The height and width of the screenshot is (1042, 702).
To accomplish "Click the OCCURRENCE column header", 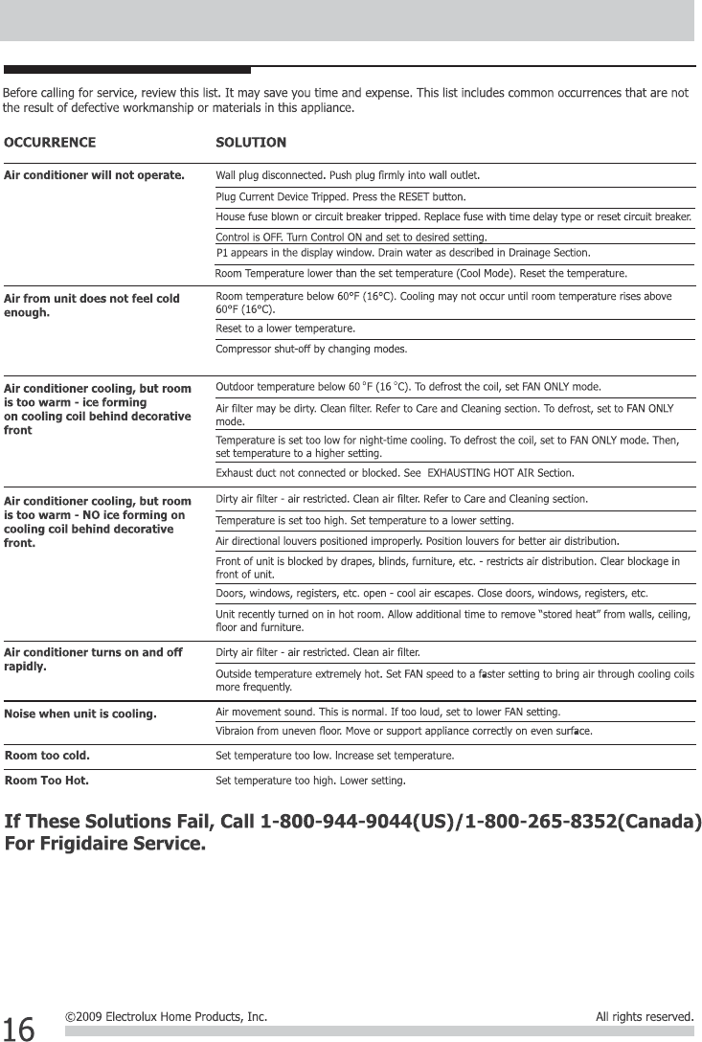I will [50, 143].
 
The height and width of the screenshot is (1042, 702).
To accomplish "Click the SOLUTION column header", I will [251, 143].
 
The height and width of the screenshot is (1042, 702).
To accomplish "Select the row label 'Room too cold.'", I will [48, 755].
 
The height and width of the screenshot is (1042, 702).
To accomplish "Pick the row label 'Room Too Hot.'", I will [47, 781].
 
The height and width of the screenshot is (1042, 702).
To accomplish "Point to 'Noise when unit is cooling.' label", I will [80, 714].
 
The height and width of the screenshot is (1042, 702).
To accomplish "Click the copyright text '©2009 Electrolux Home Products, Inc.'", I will [166, 1016].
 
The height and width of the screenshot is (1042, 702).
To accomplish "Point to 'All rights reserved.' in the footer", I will [644, 1016].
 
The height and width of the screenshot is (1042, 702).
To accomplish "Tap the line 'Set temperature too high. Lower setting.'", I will [310, 781].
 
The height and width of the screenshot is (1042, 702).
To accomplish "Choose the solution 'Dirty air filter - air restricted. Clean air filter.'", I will [317, 652].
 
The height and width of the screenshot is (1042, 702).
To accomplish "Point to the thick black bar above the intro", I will [126, 70].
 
